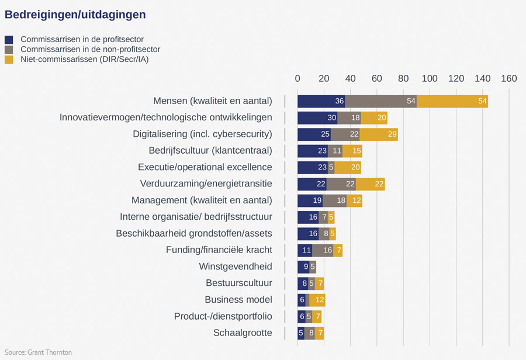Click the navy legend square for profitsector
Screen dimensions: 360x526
pyautogui.click(x=9, y=40)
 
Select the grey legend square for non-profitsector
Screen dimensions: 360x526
pyautogui.click(x=9, y=50)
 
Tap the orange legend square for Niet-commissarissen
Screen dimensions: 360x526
pyautogui.click(x=9, y=59)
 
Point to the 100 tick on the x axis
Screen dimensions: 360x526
pyautogui.click(x=430, y=79)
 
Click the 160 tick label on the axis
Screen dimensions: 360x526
pyautogui.click(x=508, y=79)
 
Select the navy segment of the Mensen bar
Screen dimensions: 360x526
pyautogui.click(x=321, y=101)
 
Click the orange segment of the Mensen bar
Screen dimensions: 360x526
pyautogui.click(x=452, y=101)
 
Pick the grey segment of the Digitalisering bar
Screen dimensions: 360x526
pyautogui.click(x=345, y=134)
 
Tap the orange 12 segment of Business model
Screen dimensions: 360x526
pyautogui.click(x=317, y=300)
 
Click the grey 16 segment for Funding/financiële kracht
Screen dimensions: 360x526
pyautogui.click(x=323, y=251)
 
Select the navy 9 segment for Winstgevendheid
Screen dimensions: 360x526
pyautogui.click(x=303, y=267)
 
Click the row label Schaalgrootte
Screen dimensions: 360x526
pyautogui.click(x=243, y=333)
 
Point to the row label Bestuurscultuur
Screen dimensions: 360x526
pyautogui.click(x=239, y=283)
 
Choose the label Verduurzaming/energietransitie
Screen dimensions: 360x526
pyautogui.click(x=206, y=184)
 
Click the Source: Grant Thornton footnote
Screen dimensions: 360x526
pyautogui.click(x=38, y=353)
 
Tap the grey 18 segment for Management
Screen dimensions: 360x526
pyautogui.click(x=334, y=200)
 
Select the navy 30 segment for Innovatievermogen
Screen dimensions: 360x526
pyautogui.click(x=317, y=118)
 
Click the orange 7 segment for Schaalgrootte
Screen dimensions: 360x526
pyautogui.click(x=319, y=333)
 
